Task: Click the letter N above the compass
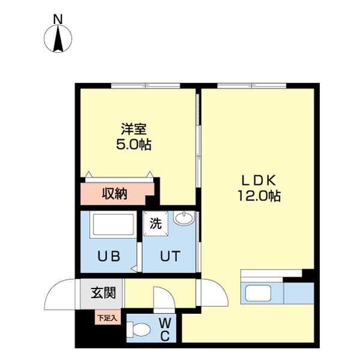[x=58, y=19]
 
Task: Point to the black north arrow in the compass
[x=58, y=38]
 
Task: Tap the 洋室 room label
[x=134, y=129]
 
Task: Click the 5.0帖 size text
[x=134, y=145]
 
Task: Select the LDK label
[x=259, y=180]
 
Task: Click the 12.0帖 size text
[x=259, y=196]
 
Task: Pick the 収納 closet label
[x=115, y=194]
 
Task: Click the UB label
[x=109, y=256]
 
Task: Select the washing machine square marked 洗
[x=155, y=223]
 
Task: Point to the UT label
[x=170, y=256]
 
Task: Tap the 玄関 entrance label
[x=103, y=293]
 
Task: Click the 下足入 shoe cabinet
[x=107, y=317]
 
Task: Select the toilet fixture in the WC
[x=138, y=329]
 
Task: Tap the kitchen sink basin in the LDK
[x=258, y=293]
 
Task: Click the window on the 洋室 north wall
[x=146, y=86]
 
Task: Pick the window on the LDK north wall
[x=251, y=86]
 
